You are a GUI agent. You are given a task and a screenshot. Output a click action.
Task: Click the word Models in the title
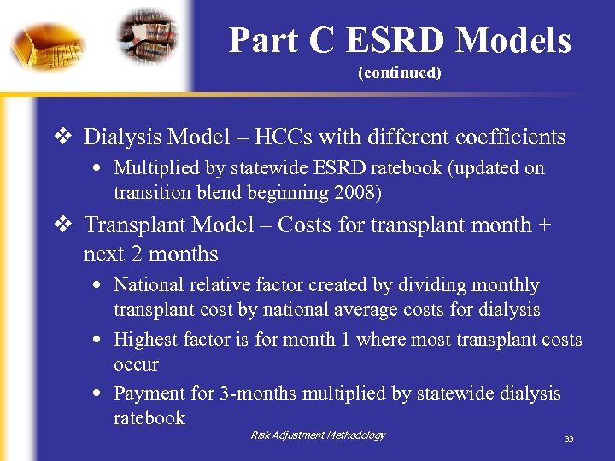(513, 40)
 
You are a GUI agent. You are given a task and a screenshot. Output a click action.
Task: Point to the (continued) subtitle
(399, 73)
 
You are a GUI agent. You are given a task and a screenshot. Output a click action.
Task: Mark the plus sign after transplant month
(543, 225)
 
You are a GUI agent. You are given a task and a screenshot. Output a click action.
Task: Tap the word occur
(136, 364)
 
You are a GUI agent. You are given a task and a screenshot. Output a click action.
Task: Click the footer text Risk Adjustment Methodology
(318, 435)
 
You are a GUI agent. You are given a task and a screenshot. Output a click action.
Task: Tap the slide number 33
(568, 440)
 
